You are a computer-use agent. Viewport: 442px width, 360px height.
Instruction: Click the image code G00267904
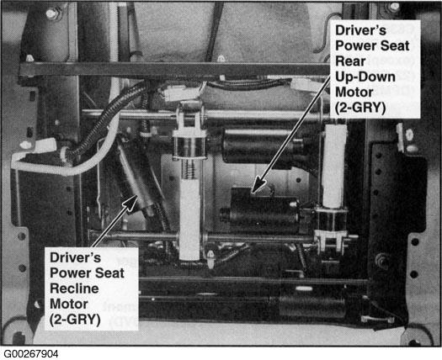pyautogui.click(x=30, y=354)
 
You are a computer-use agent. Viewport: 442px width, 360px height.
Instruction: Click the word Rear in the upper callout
pyautogui.click(x=350, y=61)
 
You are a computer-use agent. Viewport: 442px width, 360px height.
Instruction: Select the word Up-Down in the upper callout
pyautogui.click(x=365, y=77)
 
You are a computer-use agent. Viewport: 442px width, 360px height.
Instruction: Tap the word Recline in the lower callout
pyautogui.click(x=74, y=289)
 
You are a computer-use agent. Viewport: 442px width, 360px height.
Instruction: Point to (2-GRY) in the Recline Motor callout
pyautogui.click(x=75, y=320)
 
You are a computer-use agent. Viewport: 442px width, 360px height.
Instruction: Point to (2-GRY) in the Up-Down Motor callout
pyautogui.click(x=360, y=108)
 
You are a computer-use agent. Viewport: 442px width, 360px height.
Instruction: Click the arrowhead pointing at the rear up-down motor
pyautogui.click(x=258, y=186)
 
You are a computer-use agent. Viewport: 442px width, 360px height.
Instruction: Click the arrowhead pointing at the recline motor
pyautogui.click(x=130, y=202)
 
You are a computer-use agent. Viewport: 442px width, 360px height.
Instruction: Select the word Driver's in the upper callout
pyautogui.click(x=360, y=30)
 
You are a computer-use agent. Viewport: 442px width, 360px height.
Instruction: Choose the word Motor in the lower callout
pyautogui.click(x=69, y=304)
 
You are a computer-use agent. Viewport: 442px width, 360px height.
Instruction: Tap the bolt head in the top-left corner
pyautogui.click(x=52, y=13)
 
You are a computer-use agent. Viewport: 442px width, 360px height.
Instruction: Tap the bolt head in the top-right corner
pyautogui.click(x=394, y=8)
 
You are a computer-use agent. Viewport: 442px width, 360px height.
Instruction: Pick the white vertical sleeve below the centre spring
pyautogui.click(x=189, y=220)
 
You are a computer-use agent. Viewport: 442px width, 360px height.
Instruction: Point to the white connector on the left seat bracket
pyautogui.click(x=45, y=146)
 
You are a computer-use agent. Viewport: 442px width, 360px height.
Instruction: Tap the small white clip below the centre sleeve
pyautogui.click(x=210, y=258)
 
